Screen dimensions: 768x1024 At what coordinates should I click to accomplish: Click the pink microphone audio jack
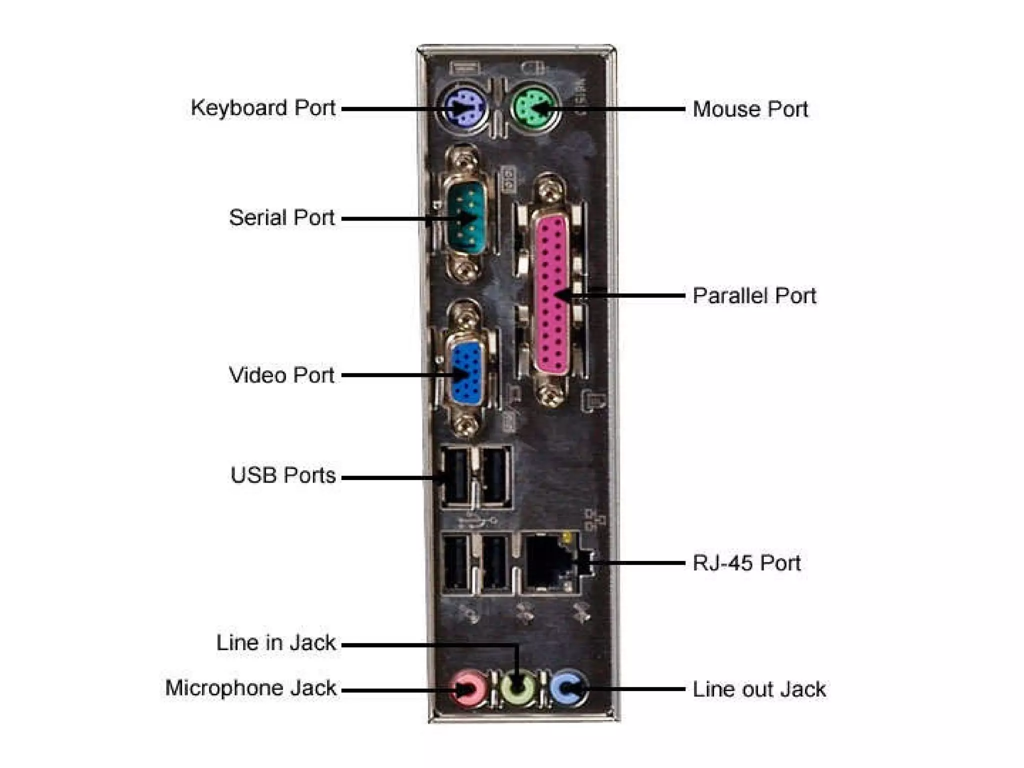click(x=468, y=689)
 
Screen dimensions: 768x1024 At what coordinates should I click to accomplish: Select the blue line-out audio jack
click(x=567, y=688)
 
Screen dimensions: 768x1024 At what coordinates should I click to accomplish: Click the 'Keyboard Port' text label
click(x=263, y=108)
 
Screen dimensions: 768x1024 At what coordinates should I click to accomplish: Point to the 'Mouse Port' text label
click(x=750, y=109)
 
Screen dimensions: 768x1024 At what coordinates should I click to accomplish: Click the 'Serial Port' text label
click(x=281, y=218)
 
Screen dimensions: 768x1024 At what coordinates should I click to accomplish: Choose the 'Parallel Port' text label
click(x=754, y=296)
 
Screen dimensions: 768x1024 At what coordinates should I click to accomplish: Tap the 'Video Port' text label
click(x=281, y=375)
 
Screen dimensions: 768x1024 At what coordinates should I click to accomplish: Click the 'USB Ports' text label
click(x=283, y=475)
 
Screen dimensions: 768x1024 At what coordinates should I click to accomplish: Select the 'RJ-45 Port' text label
click(x=746, y=563)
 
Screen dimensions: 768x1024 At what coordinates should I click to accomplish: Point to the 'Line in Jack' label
click(x=276, y=643)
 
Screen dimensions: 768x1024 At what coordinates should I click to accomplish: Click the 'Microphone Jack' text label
click(x=251, y=688)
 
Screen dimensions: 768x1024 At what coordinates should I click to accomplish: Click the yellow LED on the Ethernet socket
click(x=567, y=537)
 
